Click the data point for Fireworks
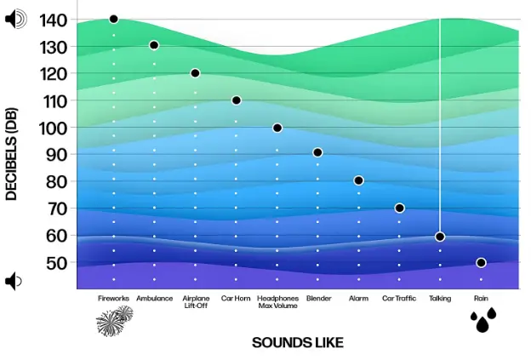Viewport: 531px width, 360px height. [113, 19]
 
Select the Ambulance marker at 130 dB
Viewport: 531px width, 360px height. [154, 45]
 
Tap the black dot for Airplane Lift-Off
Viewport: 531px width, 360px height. [195, 73]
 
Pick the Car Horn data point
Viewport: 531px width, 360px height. [237, 100]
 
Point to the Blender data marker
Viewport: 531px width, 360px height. [317, 152]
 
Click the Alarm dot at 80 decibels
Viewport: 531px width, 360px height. [358, 180]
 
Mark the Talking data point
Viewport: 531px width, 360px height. [440, 237]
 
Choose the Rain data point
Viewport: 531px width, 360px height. [481, 263]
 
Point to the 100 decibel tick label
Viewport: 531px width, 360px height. [54, 127]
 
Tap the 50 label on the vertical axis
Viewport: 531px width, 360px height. [56, 263]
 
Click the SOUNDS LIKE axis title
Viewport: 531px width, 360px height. [298, 342]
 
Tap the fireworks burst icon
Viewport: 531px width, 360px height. [113, 322]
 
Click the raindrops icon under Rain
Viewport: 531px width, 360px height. [483, 320]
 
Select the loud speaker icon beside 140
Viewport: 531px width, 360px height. [15, 19]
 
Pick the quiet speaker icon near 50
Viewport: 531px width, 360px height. [12, 280]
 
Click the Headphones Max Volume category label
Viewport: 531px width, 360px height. [277, 302]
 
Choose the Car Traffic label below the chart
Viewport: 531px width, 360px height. [399, 299]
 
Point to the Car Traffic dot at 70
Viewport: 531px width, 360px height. [399, 209]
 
